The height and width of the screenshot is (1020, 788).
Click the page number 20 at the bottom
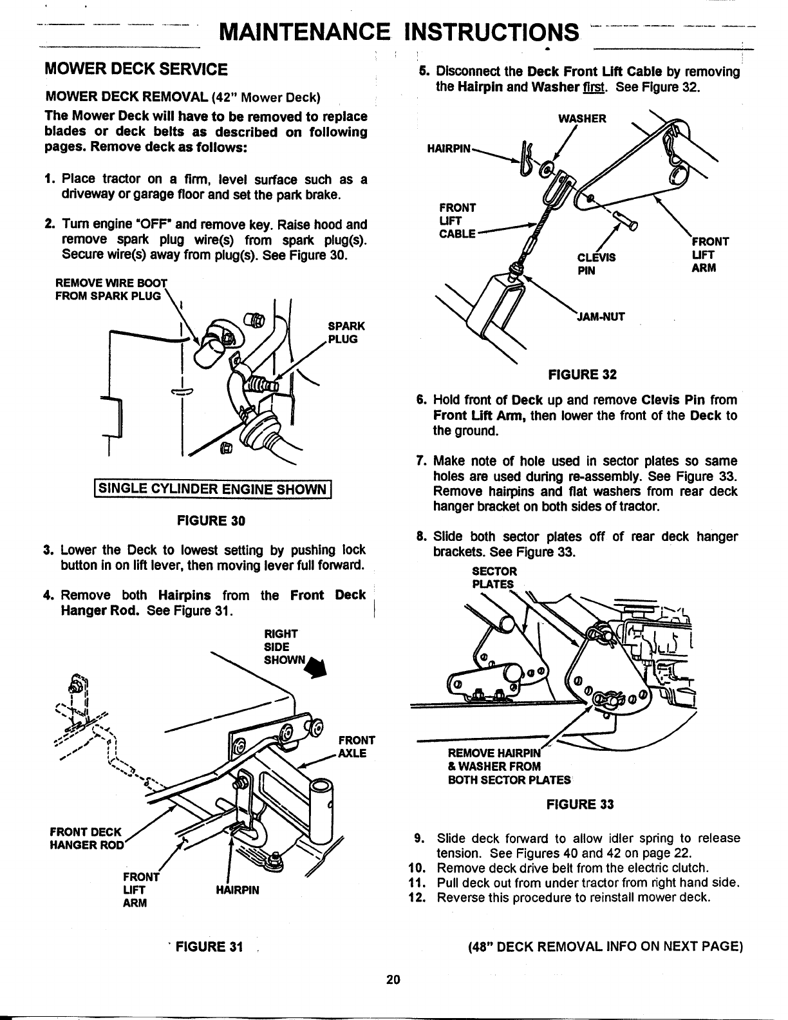pyautogui.click(x=393, y=979)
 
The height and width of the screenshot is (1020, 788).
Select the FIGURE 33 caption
pyautogui.click(x=580, y=804)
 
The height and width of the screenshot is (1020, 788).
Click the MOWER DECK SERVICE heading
pyautogui.click(x=135, y=69)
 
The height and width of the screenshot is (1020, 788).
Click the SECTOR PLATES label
pyautogui.click(x=494, y=578)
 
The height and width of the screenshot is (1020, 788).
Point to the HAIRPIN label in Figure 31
pyautogui.click(x=238, y=890)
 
